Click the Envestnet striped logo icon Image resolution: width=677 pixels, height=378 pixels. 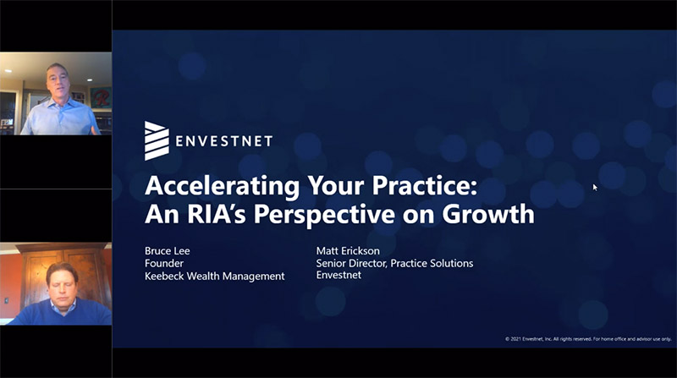point(157,140)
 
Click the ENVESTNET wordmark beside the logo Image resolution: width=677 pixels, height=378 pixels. point(224,141)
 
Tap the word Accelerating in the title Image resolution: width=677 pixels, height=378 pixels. point(222,187)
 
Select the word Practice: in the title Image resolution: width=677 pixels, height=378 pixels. point(425,185)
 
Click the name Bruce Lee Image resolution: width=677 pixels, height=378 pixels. point(167,250)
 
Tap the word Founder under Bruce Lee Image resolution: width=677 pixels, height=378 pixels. point(164,263)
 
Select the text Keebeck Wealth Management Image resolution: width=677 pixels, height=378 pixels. point(215,277)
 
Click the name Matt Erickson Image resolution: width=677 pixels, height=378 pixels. point(348,250)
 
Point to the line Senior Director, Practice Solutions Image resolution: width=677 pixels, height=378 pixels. point(394,263)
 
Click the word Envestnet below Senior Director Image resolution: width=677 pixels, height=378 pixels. point(338,275)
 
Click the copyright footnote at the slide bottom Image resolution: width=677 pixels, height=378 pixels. point(588,339)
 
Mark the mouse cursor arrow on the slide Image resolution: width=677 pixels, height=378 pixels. point(595,187)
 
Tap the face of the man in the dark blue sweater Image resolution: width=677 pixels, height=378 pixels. point(62,285)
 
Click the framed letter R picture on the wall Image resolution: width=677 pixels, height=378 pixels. point(100,97)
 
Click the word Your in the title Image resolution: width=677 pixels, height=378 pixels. point(335,187)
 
